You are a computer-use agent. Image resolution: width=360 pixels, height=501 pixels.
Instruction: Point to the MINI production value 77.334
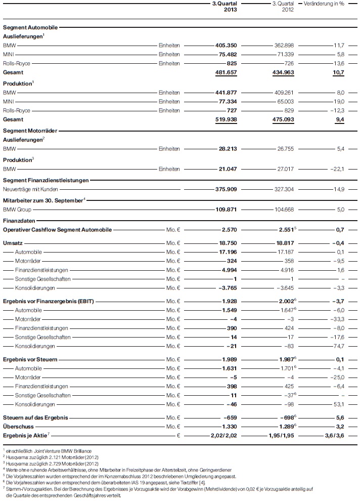(x=227, y=101)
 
